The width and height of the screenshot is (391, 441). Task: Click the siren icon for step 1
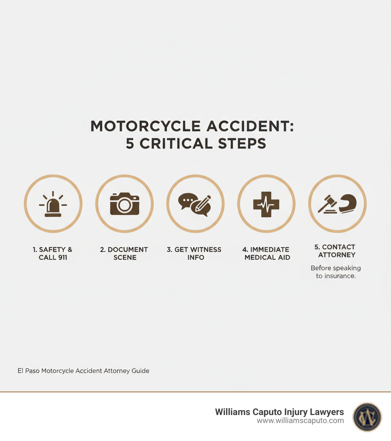click(x=53, y=205)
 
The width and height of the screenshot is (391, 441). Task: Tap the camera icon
click(x=124, y=204)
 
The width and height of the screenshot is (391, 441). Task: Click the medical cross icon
click(x=266, y=204)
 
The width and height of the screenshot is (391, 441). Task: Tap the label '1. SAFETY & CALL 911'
click(x=53, y=253)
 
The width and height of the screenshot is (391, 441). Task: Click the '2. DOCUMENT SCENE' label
click(x=124, y=253)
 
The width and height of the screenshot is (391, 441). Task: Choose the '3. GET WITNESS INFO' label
click(x=194, y=253)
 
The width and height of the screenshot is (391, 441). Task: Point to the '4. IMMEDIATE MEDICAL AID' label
click(x=266, y=253)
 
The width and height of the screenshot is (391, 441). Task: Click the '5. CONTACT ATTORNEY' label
click(x=337, y=251)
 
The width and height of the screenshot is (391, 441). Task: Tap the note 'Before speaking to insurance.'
click(x=336, y=272)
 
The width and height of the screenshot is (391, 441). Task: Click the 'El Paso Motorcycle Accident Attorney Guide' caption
click(x=83, y=371)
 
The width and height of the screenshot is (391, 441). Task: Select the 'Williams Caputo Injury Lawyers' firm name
click(x=279, y=412)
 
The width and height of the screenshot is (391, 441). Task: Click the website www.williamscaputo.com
click(x=300, y=421)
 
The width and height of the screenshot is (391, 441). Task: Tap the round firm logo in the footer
click(x=367, y=417)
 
